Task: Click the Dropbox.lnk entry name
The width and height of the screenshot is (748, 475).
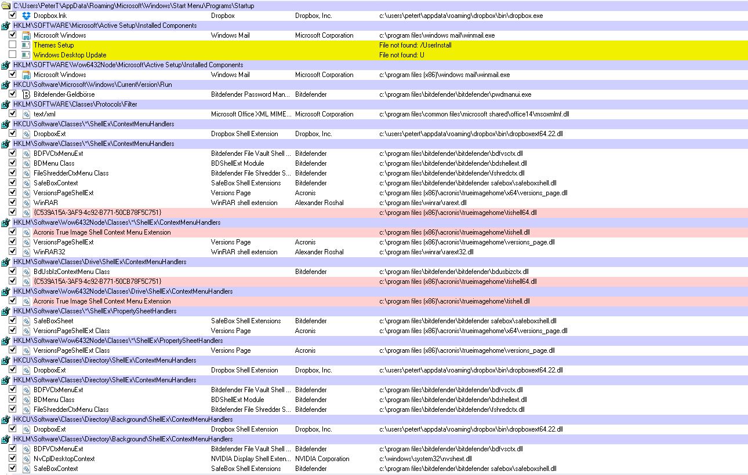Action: [x=50, y=16]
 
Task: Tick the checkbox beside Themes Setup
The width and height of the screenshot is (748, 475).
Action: [x=12, y=45]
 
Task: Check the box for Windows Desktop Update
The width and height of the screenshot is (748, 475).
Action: [x=12, y=54]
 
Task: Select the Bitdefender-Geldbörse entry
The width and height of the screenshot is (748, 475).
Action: [x=64, y=94]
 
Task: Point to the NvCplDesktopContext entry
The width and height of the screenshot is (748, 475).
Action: [x=64, y=459]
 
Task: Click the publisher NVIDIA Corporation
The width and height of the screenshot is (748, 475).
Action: [x=322, y=459]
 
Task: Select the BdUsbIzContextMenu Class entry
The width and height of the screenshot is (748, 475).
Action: [x=71, y=272]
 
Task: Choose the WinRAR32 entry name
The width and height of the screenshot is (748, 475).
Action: [x=49, y=252]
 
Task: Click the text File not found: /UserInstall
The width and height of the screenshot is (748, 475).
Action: [x=415, y=45]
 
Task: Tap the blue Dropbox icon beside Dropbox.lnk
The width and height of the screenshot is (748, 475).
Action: [x=26, y=16]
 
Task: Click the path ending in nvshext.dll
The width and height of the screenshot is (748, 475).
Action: [x=426, y=459]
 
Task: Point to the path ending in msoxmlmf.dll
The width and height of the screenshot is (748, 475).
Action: [x=474, y=114]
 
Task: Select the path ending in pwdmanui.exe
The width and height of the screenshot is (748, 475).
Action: [x=455, y=94]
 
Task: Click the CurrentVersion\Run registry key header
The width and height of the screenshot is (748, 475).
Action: [x=93, y=85]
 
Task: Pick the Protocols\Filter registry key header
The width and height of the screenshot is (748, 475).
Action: [x=75, y=104]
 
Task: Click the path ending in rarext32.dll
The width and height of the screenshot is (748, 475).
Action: [x=426, y=252]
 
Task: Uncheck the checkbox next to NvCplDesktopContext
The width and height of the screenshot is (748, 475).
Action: [x=12, y=458]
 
